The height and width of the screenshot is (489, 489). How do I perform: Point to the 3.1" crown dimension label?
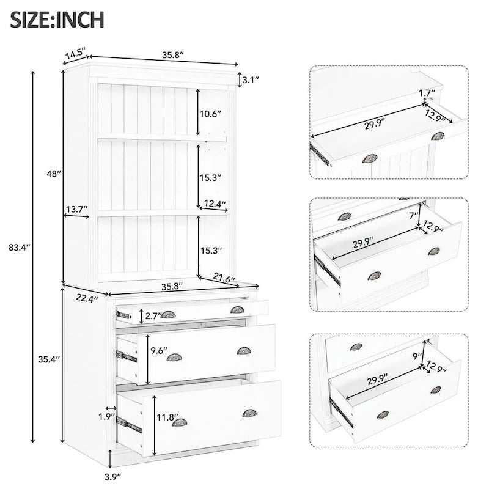(251, 79)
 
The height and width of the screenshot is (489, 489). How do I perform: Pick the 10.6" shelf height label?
(210, 113)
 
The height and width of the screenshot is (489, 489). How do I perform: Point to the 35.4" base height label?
(45, 360)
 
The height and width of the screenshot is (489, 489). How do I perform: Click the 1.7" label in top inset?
(427, 93)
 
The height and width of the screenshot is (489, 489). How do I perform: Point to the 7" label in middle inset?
(414, 215)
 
